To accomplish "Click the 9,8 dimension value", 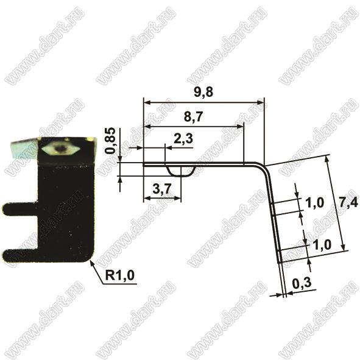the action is coord(203,92).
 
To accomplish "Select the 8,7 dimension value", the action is coord(194,116).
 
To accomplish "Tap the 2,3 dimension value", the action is coord(183,139).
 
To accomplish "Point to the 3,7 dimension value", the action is coord(162,189).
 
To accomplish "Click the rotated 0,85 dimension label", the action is coord(110,140).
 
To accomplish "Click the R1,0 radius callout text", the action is coord(119,275).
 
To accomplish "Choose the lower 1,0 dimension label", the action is coord(322,245).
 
